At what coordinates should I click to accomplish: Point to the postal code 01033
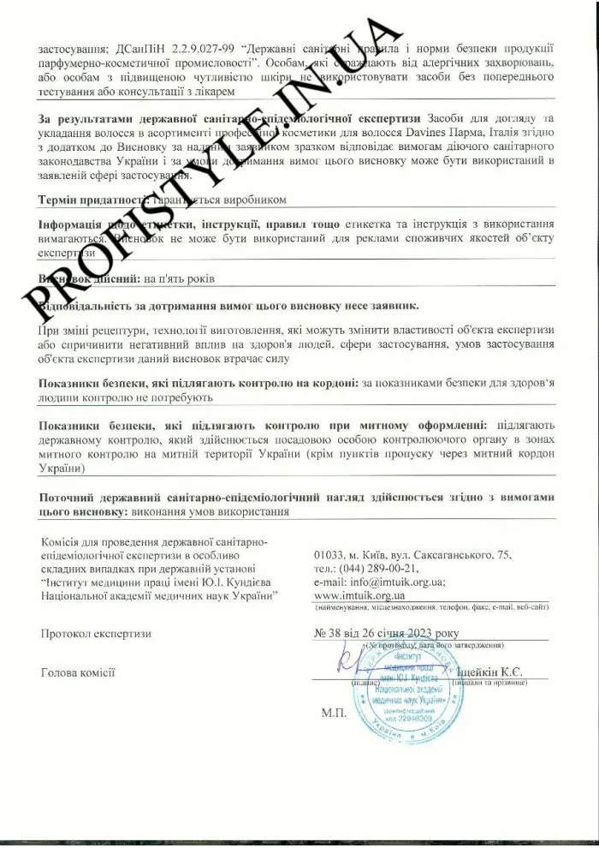tap(331, 555)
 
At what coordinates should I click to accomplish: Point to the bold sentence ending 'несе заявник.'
tap(231, 305)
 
